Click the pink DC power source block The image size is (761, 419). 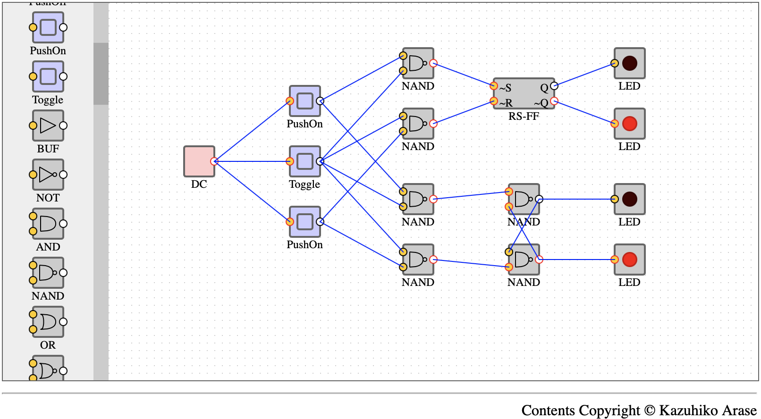point(199,161)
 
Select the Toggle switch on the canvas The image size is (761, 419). point(305,161)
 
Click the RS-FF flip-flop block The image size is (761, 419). point(524,93)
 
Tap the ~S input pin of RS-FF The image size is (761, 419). point(494,85)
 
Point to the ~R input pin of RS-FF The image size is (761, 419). point(494,101)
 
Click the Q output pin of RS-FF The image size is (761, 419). point(554,85)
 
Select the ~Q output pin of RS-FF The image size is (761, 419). point(554,101)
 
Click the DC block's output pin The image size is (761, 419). point(214,161)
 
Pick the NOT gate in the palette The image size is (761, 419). point(48,175)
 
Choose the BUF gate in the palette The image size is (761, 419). point(48,126)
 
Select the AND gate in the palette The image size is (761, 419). point(48,224)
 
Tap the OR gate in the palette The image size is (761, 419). point(48,321)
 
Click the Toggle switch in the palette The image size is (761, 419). point(48,76)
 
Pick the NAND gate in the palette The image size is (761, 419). point(48,273)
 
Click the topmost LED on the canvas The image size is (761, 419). point(629,63)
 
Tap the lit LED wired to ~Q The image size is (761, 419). point(629,124)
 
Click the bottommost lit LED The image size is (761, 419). point(629,260)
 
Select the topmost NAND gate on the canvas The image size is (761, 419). point(418,63)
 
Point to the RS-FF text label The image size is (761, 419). point(524,117)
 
